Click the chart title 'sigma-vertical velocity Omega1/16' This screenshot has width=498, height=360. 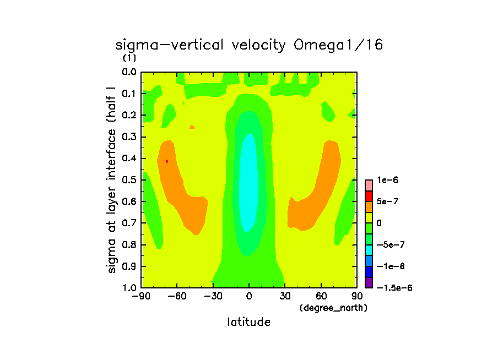click(x=248, y=45)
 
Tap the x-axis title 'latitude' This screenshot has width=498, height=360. click(x=249, y=322)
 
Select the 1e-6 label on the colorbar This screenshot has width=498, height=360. click(x=386, y=180)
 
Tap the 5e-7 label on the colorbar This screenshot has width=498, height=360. click(x=388, y=201)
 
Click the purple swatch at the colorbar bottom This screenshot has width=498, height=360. click(x=369, y=282)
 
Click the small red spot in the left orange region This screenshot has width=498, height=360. click(x=166, y=161)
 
